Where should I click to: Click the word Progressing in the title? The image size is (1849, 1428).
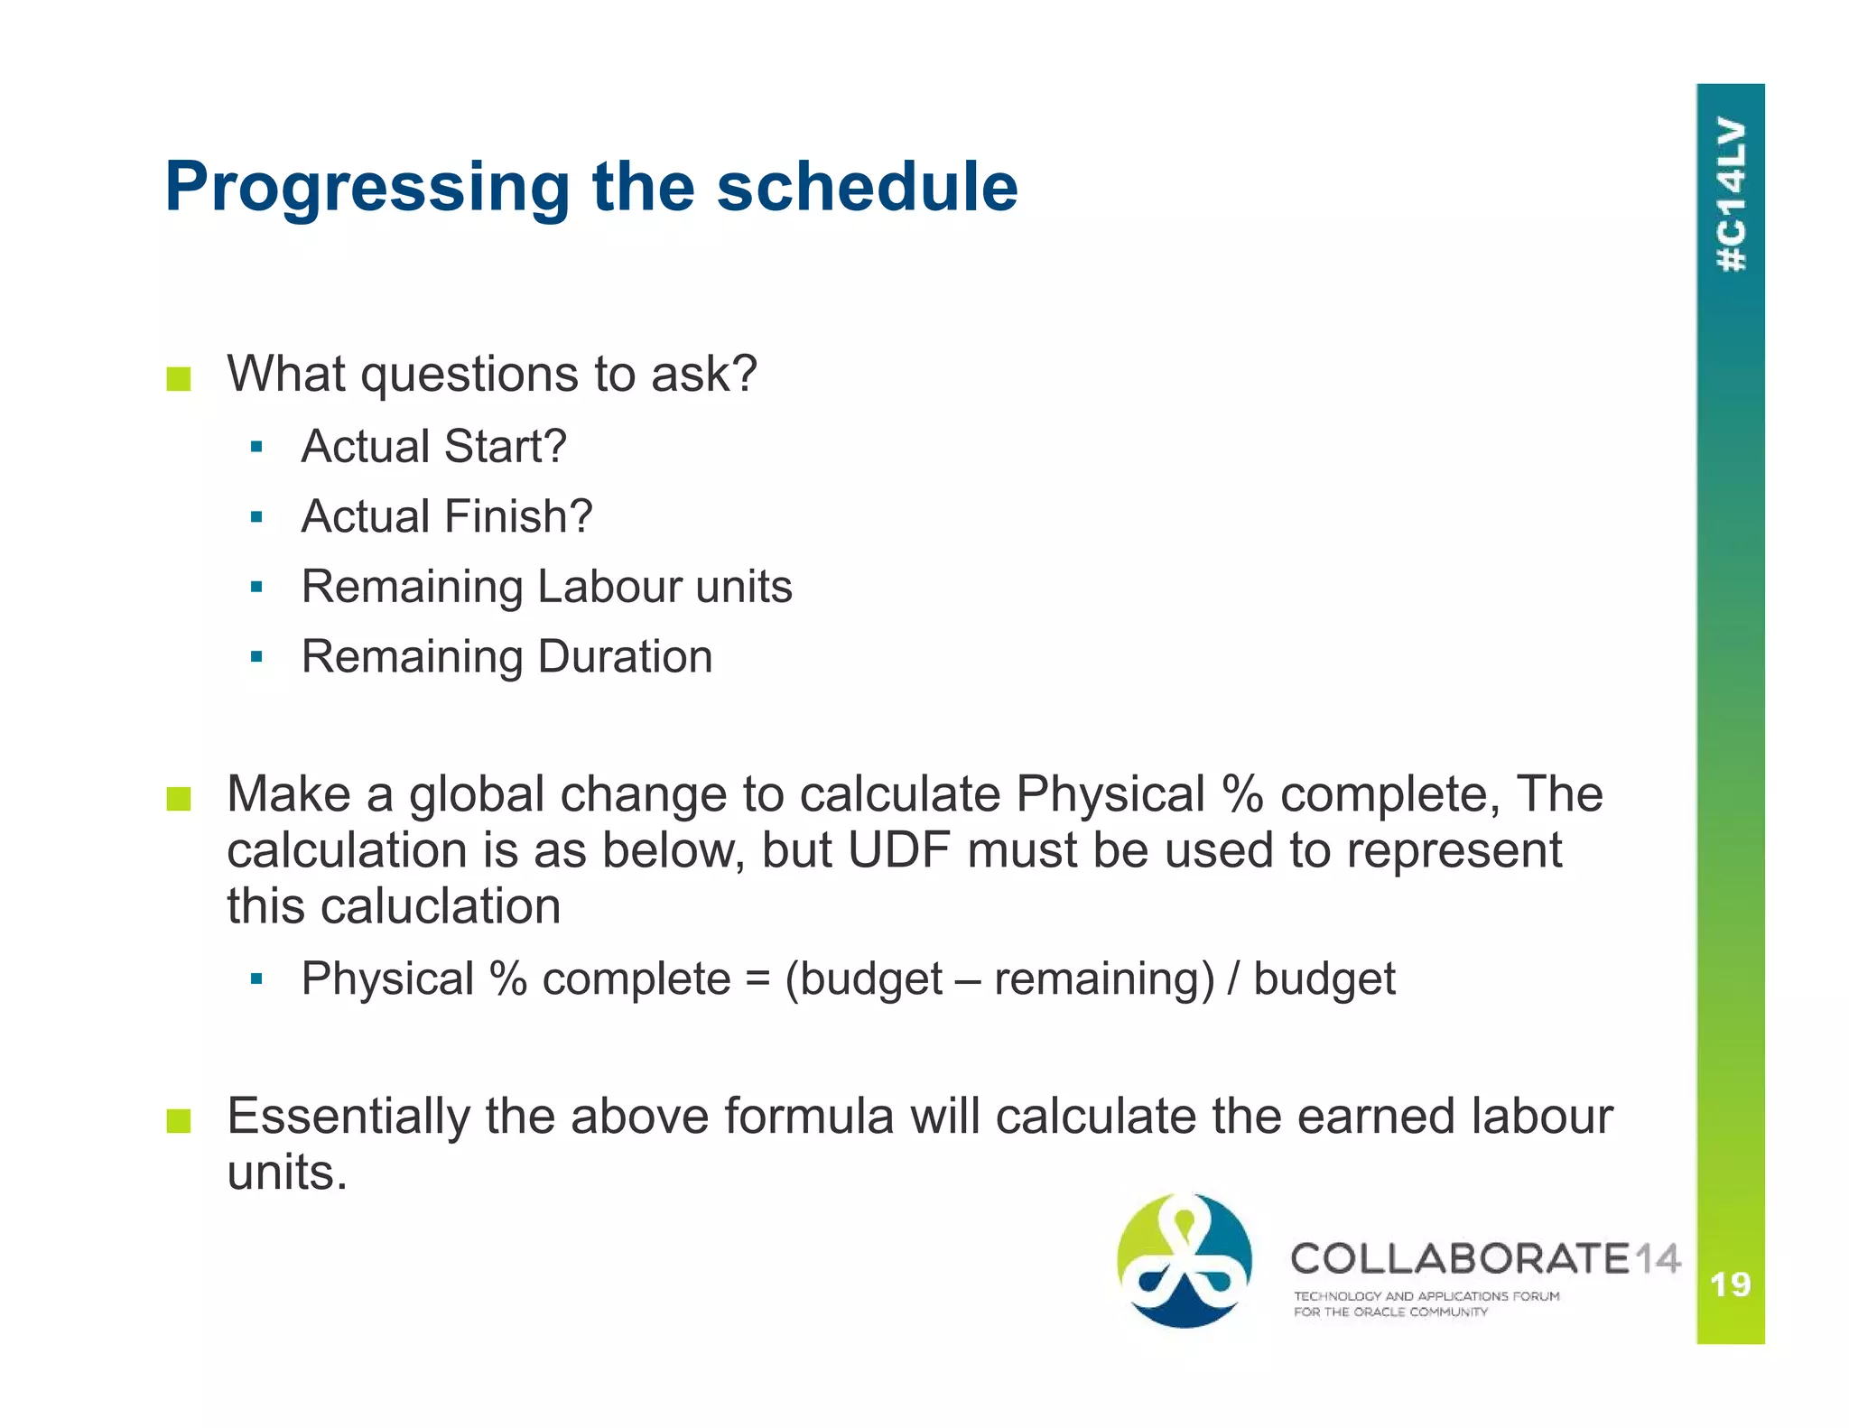point(367,187)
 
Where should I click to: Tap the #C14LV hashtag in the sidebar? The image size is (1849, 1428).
point(1731,194)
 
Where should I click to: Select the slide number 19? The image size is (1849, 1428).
point(1730,1284)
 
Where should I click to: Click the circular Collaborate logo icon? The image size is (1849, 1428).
point(1185,1260)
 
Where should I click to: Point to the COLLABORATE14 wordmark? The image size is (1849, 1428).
point(1485,1258)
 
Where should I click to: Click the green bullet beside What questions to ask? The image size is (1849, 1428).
point(179,378)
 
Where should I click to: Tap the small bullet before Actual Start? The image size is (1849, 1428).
point(256,447)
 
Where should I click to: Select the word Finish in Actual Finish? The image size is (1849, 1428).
point(518,517)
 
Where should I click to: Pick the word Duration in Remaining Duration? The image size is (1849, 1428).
point(625,656)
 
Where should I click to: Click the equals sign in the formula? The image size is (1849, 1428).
point(757,980)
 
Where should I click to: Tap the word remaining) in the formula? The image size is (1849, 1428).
point(1104,980)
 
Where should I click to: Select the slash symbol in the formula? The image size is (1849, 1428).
point(1234,980)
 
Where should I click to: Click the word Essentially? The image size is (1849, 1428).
point(348,1117)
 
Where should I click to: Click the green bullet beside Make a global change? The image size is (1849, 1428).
point(179,799)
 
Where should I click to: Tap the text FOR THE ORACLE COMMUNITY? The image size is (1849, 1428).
point(1390,1312)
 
